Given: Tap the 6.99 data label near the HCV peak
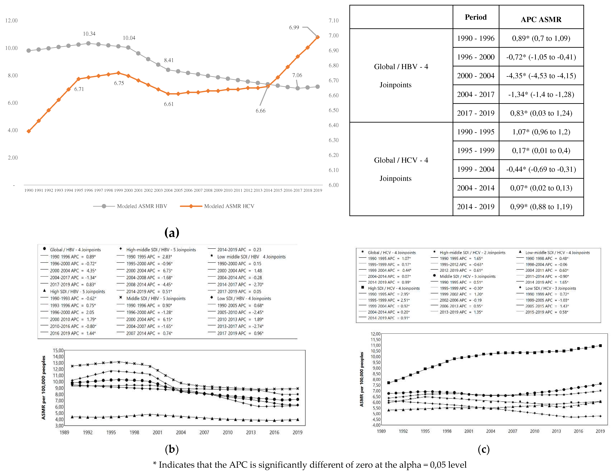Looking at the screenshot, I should coord(294,27).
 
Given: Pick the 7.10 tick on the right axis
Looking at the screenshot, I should coord(333,20).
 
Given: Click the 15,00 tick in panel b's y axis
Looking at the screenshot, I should coord(58,350).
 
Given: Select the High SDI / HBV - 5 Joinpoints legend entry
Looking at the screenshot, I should coord(77,291).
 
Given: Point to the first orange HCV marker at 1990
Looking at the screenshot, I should coord(29,131).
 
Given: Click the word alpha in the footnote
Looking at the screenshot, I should coord(410,465).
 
